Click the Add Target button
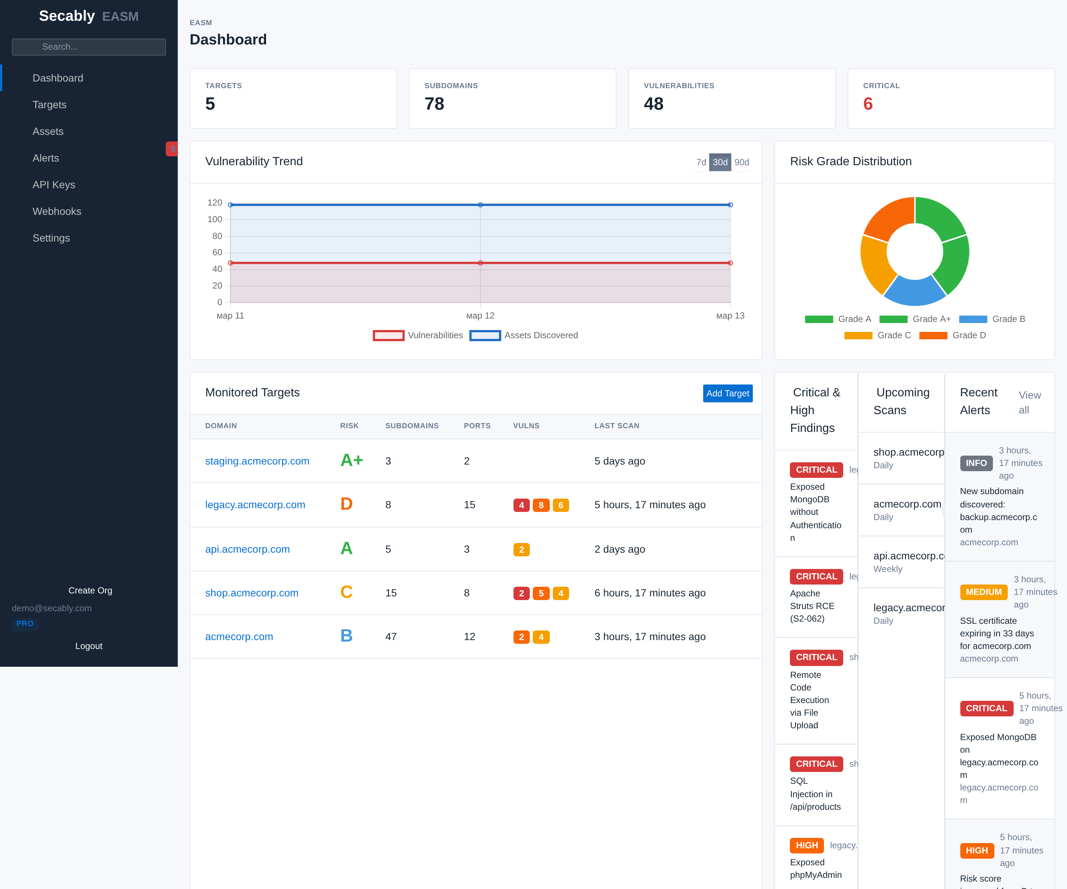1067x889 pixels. (727, 393)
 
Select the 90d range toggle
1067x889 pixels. (741, 162)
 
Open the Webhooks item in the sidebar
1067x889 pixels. (57, 212)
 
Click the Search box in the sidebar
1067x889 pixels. (89, 47)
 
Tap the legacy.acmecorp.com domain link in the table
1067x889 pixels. (255, 505)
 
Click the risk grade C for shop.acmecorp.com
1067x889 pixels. (346, 592)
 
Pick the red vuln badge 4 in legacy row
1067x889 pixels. (521, 505)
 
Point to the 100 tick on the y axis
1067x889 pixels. (215, 219)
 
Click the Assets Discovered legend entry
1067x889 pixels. (524, 335)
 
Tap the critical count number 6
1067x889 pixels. (868, 104)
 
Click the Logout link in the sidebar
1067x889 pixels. (89, 646)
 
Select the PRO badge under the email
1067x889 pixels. (25, 623)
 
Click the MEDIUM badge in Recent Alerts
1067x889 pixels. (983, 592)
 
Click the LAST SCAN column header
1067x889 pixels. (617, 426)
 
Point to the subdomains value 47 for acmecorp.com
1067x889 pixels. (391, 636)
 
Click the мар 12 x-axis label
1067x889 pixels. (480, 316)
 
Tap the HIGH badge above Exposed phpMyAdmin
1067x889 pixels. (806, 845)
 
